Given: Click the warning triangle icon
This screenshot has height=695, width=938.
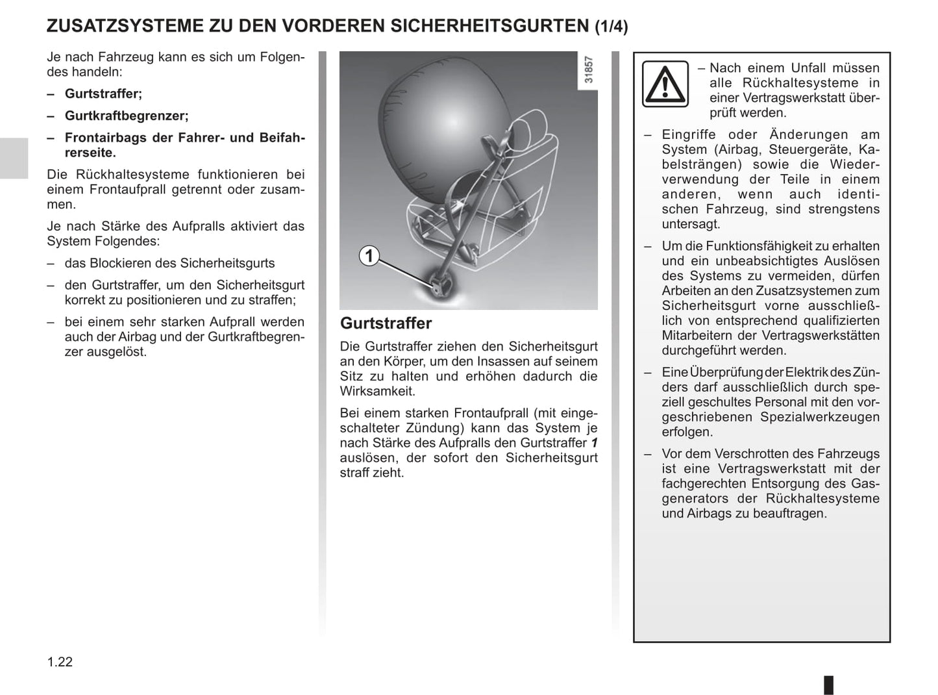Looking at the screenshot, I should point(665,84).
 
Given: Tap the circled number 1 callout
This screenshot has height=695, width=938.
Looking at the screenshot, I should point(369,256).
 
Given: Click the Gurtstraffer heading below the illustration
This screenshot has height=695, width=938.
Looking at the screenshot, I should point(386,323).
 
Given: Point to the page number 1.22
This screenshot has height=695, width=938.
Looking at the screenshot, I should point(60,662).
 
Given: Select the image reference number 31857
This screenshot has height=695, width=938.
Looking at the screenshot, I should point(588,70).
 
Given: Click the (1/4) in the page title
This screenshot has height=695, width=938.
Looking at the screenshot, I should point(611,27).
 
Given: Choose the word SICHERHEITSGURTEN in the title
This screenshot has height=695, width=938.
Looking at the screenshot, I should point(493,26).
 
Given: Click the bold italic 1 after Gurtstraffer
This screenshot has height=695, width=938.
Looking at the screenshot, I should point(593,443).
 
